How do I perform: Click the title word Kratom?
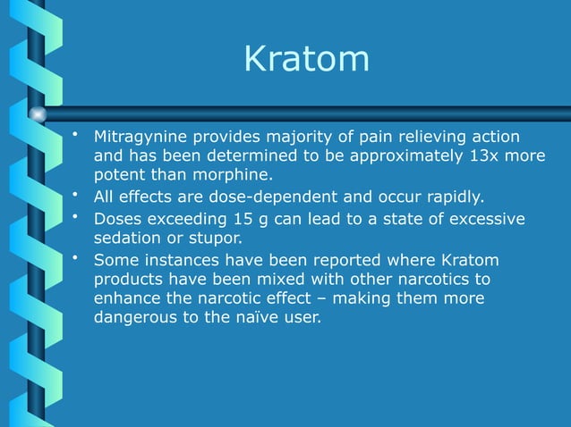pyautogui.click(x=306, y=60)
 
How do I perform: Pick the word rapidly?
pyautogui.click(x=450, y=197)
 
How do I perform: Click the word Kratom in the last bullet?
pyautogui.click(x=470, y=261)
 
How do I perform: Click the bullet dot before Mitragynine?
pyautogui.click(x=77, y=136)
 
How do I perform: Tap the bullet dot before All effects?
pyautogui.click(x=77, y=194)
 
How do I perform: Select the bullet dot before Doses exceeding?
pyautogui.click(x=77, y=217)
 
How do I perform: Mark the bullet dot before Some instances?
pyautogui.click(x=77, y=258)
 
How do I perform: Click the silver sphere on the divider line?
pyautogui.click(x=38, y=113)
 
